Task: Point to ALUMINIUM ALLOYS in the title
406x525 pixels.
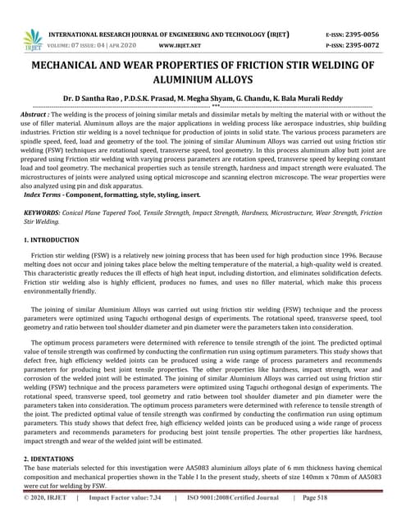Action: pyautogui.click(x=203, y=82)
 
